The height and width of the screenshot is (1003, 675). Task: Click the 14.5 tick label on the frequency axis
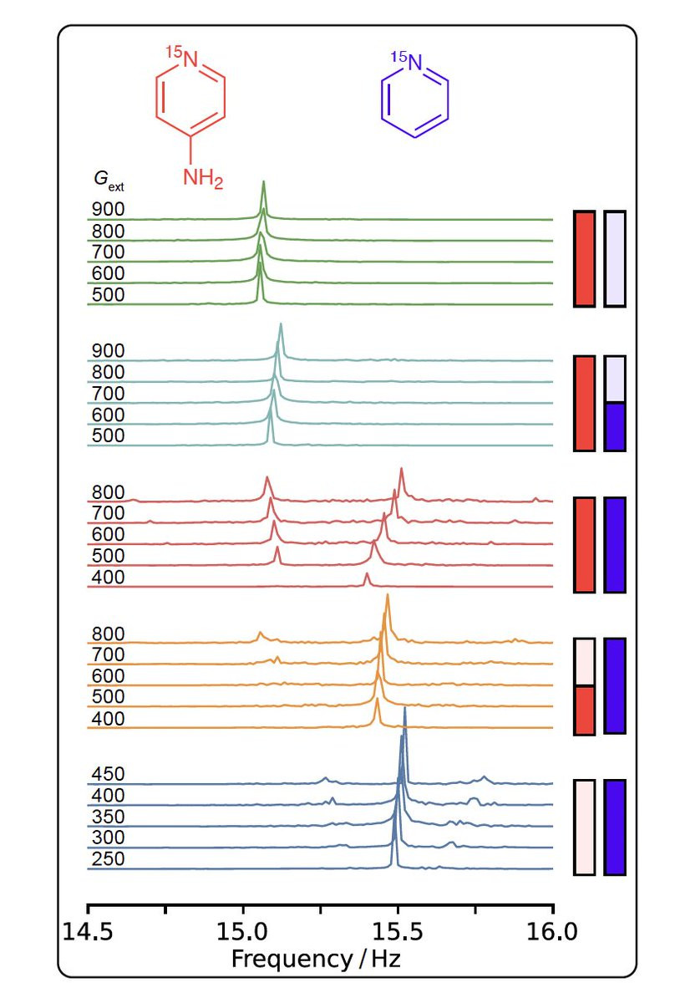coord(88,929)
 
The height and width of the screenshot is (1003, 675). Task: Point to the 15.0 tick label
coord(243,929)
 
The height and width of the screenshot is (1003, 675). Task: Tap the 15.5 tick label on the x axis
coord(398,929)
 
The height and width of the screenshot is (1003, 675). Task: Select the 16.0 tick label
coord(552,929)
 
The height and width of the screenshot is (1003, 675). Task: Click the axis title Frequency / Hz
coord(316,958)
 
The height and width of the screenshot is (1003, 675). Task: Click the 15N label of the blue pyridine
coord(407,60)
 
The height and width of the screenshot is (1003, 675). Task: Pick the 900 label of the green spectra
coord(108,210)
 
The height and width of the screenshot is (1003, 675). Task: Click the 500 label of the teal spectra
coord(108,435)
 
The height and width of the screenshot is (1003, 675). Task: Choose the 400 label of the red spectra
coord(108,577)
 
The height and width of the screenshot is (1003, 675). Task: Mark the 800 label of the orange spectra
coord(108,634)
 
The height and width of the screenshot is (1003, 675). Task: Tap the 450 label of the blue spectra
coord(108,775)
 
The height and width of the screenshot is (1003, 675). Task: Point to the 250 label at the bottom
coord(108,859)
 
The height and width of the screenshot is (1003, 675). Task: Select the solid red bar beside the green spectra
coord(584,258)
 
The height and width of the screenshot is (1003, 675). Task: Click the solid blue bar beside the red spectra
coord(615,545)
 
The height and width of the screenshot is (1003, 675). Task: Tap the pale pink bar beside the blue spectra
coord(584,827)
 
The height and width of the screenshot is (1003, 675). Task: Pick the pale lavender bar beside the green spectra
coord(615,258)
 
